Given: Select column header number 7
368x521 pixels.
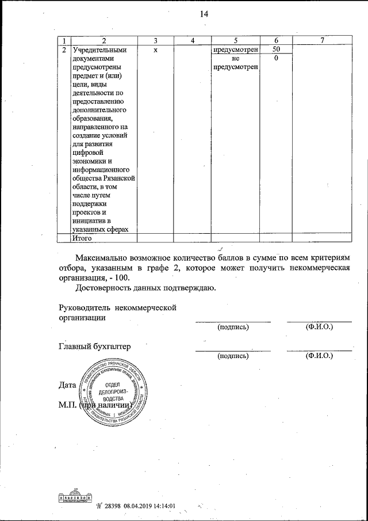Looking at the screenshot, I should pyautogui.click(x=323, y=40).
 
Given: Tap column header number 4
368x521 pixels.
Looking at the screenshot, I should pyautogui.click(x=193, y=40).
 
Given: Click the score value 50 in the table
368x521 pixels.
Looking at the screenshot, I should pyautogui.click(x=277, y=50).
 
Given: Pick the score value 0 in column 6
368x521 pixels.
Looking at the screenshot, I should pyautogui.click(x=277, y=59).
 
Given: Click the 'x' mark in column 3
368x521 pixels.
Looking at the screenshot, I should pyautogui.click(x=156, y=50).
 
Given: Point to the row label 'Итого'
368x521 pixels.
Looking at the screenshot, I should pyautogui.click(x=82, y=238).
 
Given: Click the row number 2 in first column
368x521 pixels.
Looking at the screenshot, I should pyautogui.click(x=64, y=50).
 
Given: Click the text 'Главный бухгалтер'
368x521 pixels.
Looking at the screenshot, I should pyautogui.click(x=95, y=347).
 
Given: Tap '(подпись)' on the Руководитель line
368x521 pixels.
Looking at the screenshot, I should pyautogui.click(x=232, y=327).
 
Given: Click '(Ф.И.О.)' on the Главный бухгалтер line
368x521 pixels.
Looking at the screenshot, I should pyautogui.click(x=320, y=356).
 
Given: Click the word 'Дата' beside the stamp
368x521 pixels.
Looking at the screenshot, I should pyautogui.click(x=68, y=384).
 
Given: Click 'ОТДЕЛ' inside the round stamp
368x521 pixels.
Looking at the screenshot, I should pyautogui.click(x=113, y=384).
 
